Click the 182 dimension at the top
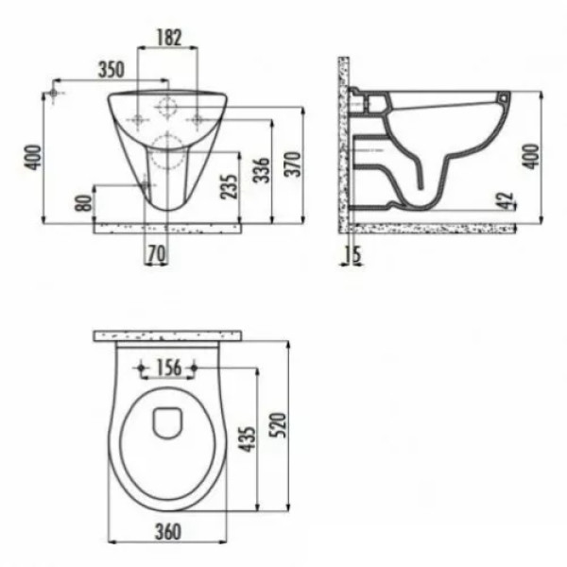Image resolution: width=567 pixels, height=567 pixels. pyautogui.click(x=167, y=39)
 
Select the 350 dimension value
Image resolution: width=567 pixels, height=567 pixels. pyautogui.click(x=112, y=69)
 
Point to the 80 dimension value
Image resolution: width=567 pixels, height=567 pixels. pyautogui.click(x=83, y=202)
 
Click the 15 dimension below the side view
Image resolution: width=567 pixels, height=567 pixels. pyautogui.click(x=352, y=253)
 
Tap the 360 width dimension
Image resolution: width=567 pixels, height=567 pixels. pyautogui.click(x=166, y=533)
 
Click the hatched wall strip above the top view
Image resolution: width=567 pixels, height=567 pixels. pyautogui.click(x=170, y=335)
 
